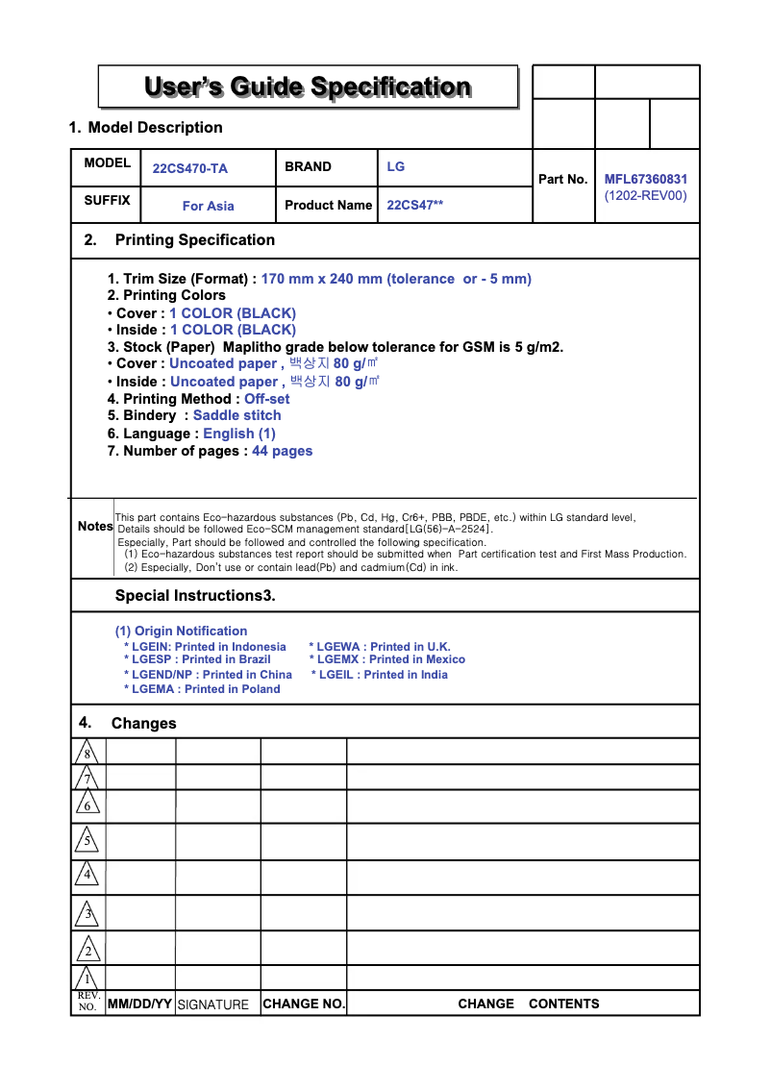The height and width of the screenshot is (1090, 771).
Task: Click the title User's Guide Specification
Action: (x=308, y=87)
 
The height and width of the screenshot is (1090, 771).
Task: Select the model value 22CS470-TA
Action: (x=190, y=168)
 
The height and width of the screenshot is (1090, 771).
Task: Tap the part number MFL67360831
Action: (x=645, y=179)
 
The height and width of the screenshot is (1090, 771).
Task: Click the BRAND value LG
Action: (x=396, y=166)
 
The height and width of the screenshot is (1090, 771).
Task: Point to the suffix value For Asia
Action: (x=208, y=206)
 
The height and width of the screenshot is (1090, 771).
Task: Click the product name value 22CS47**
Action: (x=415, y=205)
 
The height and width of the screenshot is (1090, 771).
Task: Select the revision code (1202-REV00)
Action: (x=645, y=195)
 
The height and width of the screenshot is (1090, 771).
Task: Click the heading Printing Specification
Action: (x=194, y=240)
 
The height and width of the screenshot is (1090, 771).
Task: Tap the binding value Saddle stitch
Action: (x=237, y=415)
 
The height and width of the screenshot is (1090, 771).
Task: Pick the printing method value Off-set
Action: (x=266, y=399)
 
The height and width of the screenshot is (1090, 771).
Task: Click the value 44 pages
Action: (x=282, y=451)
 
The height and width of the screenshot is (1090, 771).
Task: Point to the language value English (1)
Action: (x=239, y=434)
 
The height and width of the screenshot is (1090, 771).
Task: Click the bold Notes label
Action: (x=95, y=527)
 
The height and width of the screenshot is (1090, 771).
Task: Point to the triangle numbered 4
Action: (x=87, y=875)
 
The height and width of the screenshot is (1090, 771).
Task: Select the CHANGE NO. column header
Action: (x=304, y=1003)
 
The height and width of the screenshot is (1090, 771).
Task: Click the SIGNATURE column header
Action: (x=213, y=1004)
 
